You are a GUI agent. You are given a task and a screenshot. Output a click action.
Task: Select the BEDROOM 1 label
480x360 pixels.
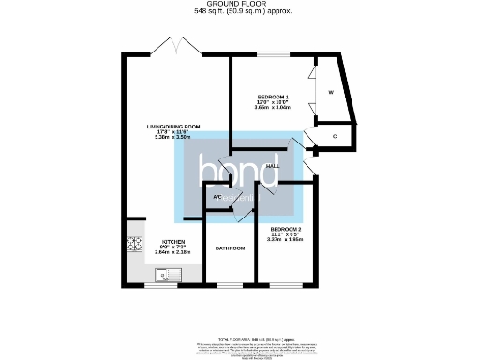[x=274, y=97]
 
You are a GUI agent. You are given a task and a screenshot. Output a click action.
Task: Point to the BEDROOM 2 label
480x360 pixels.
[x=286, y=229]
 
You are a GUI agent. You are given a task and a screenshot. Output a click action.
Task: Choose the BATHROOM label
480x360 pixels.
[x=230, y=248]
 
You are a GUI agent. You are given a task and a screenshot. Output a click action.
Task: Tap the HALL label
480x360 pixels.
[x=274, y=166]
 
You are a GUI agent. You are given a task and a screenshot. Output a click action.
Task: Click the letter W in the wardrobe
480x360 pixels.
[x=331, y=92]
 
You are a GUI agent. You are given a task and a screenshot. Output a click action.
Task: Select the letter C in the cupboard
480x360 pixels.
[x=335, y=137]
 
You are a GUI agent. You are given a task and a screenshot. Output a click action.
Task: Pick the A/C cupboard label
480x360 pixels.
[x=217, y=197]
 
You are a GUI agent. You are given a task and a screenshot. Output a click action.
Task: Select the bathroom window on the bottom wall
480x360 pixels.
[x=230, y=284]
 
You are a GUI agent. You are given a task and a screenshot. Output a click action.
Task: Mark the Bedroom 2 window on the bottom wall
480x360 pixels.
[x=287, y=284]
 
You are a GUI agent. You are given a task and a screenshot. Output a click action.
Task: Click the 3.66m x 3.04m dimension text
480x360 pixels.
[x=274, y=109]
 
